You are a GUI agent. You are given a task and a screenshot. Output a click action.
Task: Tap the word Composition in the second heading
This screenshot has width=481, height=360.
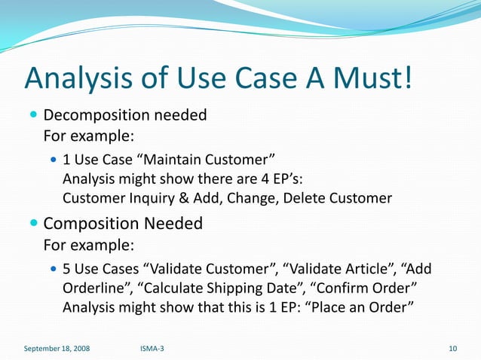coord(93,224)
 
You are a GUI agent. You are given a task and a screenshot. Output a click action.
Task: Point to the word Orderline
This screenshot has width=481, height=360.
coord(94,288)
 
